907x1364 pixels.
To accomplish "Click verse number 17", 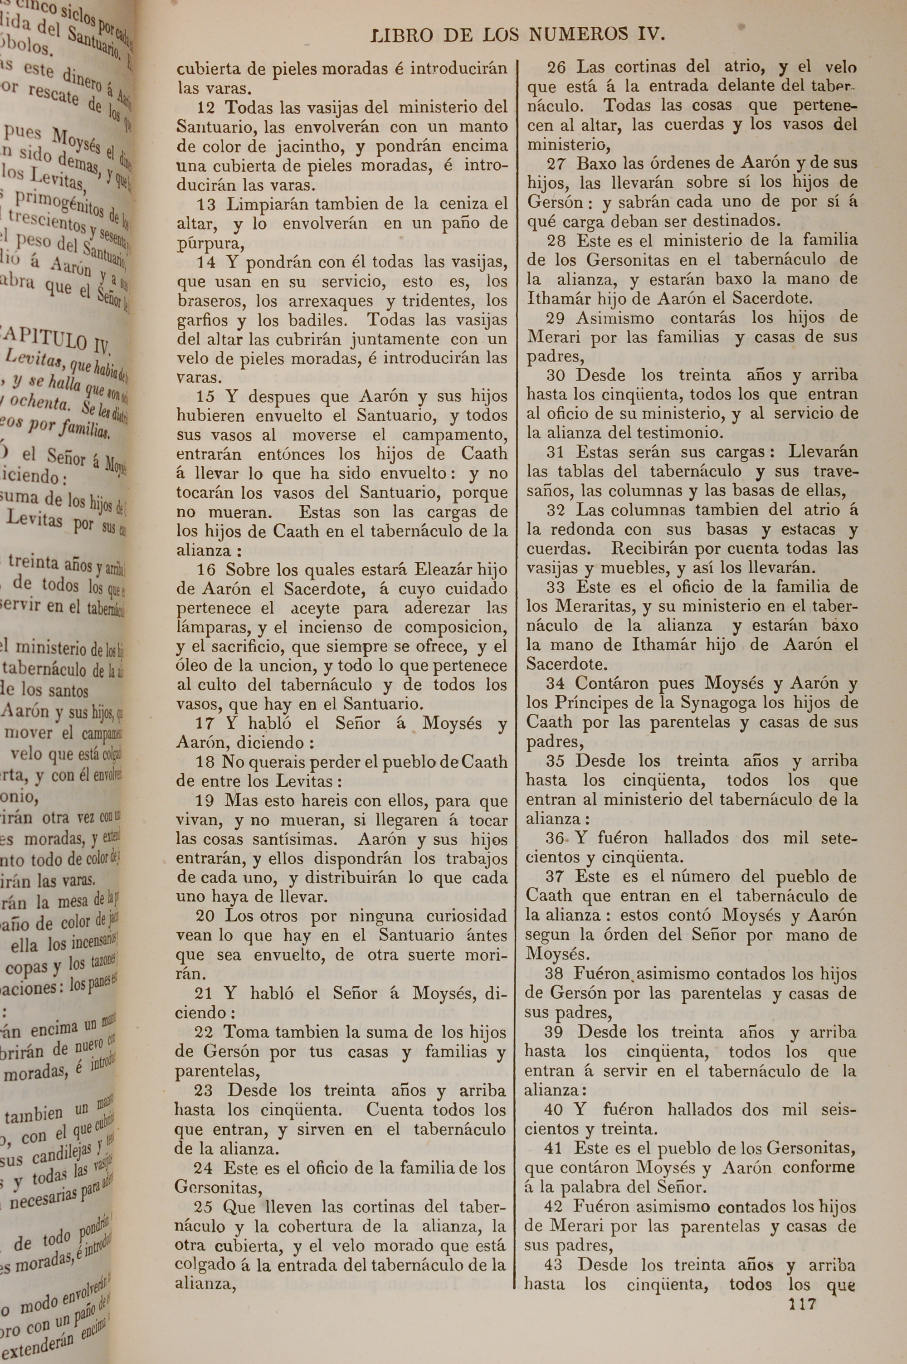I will pos(205,723).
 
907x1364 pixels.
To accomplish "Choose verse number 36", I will pos(555,838).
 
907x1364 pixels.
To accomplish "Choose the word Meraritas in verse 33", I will pos(592,607).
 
